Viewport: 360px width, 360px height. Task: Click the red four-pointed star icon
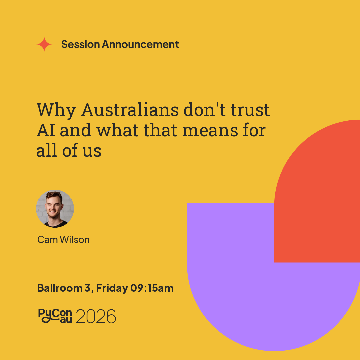coord(44,44)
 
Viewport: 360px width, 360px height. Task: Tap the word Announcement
coord(140,44)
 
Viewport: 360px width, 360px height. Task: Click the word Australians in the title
coord(130,110)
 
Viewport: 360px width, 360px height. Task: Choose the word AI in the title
coord(46,130)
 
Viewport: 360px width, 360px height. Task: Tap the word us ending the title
coord(92,151)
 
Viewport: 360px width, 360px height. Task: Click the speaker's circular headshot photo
coord(55,209)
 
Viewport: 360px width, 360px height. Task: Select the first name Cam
coord(48,240)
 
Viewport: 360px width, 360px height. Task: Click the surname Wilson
coord(75,240)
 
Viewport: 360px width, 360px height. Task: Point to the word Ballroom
coord(60,288)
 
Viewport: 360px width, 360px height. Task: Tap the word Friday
coord(112,288)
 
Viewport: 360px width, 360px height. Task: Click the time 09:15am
coord(152,288)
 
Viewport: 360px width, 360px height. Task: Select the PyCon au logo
coord(55,316)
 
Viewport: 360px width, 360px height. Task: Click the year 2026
coord(96,316)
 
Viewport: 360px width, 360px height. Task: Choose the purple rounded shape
coord(253,287)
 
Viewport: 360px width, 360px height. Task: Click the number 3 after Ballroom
coord(88,288)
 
